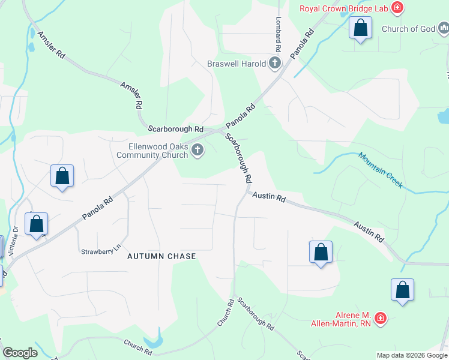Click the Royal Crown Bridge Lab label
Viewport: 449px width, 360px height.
click(x=343, y=8)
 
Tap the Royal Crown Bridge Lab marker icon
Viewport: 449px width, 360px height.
click(x=397, y=8)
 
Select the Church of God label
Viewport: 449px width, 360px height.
click(x=408, y=28)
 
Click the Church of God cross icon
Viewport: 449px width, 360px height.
click(x=443, y=28)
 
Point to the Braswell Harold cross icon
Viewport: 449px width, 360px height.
click(x=276, y=63)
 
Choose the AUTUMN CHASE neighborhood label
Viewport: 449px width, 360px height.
click(x=162, y=256)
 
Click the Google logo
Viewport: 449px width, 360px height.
click(x=20, y=353)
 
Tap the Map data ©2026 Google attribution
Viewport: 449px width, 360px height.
click(x=412, y=355)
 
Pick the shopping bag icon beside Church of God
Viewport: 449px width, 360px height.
click(x=360, y=28)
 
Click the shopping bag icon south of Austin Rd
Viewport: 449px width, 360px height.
click(x=321, y=252)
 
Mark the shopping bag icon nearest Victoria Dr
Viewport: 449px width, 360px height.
click(x=37, y=224)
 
